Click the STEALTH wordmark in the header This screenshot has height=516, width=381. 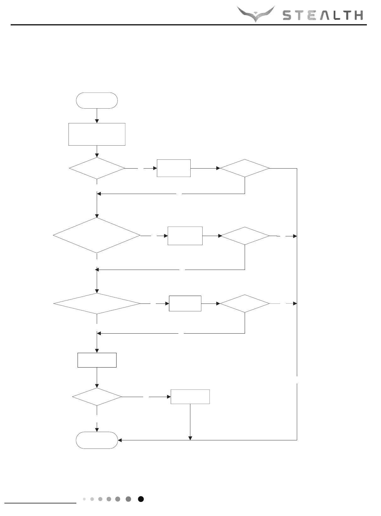click(323, 15)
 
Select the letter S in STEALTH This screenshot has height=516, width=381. click(288, 15)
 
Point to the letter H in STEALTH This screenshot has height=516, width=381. click(358, 15)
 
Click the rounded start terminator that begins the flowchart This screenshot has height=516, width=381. click(97, 100)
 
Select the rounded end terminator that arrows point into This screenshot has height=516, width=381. click(97, 440)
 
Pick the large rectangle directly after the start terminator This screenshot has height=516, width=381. click(97, 134)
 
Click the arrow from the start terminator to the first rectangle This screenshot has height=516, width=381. click(97, 116)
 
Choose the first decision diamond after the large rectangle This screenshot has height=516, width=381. click(97, 168)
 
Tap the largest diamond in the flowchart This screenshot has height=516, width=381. click(97, 235)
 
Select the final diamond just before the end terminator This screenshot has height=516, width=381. click(97, 397)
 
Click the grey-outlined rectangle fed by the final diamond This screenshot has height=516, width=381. click(190, 397)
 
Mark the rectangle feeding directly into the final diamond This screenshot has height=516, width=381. click(97, 360)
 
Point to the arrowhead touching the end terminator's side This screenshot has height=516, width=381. click(120, 440)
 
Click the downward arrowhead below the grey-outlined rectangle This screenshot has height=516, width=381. click(190, 438)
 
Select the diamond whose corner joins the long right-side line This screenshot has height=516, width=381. click(245, 168)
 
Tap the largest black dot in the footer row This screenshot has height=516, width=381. click(141, 499)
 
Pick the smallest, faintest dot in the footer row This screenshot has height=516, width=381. click(84, 499)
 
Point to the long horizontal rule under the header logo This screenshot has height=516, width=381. click(188, 24)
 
